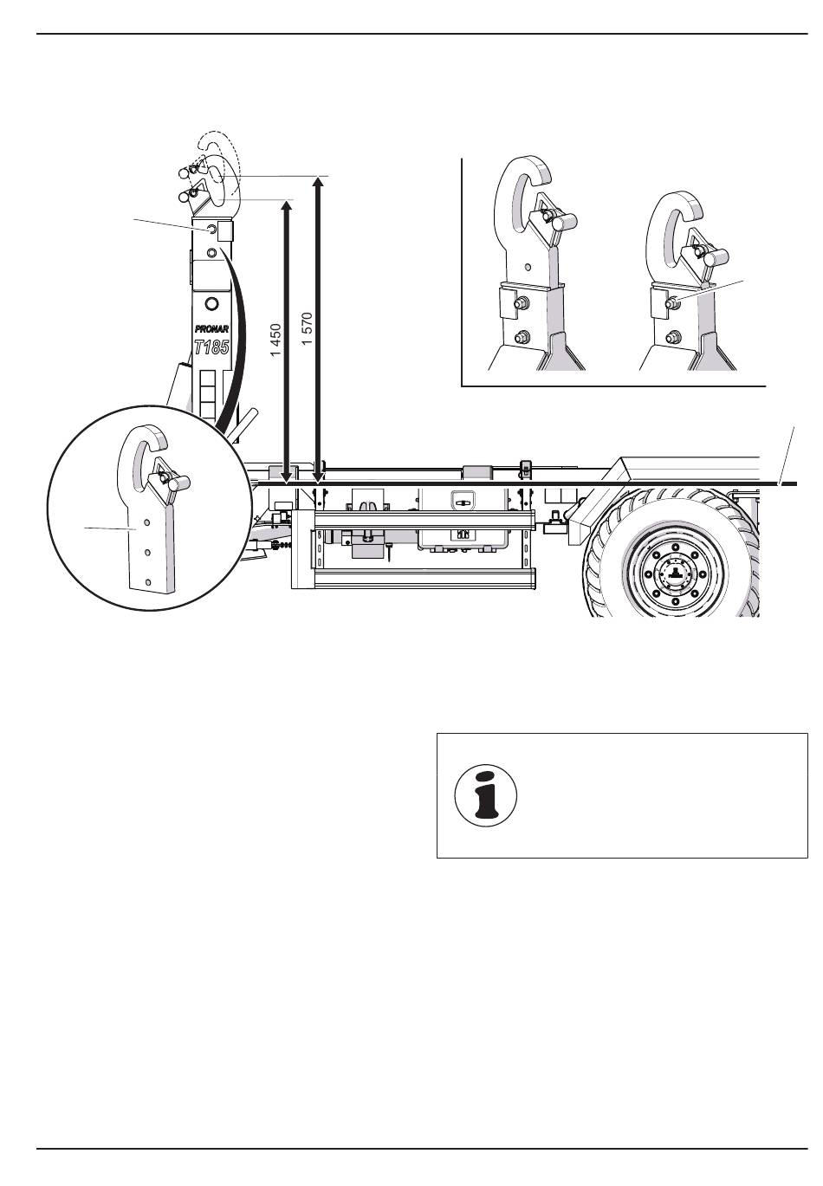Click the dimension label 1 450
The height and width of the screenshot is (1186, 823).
(275, 340)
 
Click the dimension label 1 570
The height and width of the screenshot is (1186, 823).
(308, 329)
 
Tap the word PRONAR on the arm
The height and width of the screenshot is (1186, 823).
(212, 329)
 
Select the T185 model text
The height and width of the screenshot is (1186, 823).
(211, 347)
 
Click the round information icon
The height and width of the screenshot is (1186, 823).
(486, 795)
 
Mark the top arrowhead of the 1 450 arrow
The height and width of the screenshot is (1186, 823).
(287, 205)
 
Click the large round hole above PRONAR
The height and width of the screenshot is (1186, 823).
(212, 303)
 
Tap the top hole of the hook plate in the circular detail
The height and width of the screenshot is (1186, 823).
(149, 522)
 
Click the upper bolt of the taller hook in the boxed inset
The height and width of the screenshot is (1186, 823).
(521, 303)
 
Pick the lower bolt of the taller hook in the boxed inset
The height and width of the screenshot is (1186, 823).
(520, 336)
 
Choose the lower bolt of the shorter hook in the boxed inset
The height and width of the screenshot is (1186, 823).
(672, 336)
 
